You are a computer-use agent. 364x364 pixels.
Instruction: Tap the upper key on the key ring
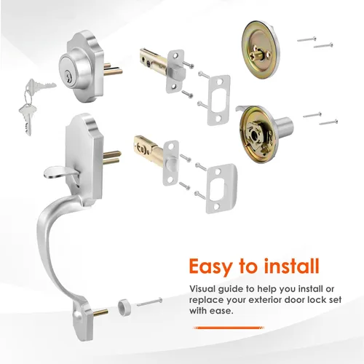(x=41, y=86)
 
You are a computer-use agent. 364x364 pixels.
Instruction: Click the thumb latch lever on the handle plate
(x=60, y=173)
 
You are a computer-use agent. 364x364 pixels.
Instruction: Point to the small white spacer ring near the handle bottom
(x=124, y=308)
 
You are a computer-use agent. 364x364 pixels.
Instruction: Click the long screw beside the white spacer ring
(x=149, y=301)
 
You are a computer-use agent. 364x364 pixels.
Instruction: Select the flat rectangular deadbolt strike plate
(x=219, y=100)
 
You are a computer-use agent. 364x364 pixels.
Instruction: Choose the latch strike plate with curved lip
(x=221, y=189)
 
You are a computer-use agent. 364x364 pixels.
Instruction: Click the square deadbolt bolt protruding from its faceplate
(x=178, y=73)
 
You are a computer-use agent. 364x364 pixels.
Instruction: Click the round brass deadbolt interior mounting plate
(x=261, y=50)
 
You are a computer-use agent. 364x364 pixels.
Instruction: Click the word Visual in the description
(x=202, y=289)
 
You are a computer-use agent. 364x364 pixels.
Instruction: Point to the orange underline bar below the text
(x=229, y=328)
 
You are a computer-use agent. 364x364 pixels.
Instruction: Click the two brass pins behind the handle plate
(x=112, y=157)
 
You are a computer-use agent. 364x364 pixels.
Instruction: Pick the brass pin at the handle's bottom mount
(x=99, y=312)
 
